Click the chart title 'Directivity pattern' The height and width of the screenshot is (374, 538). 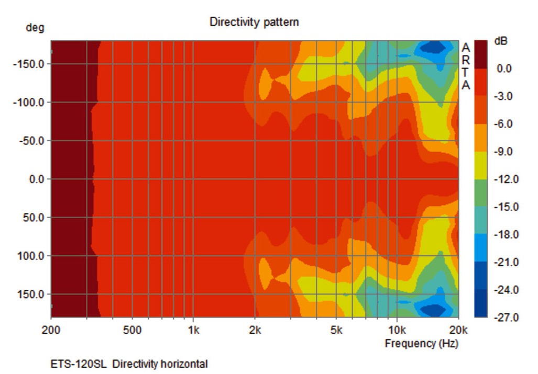click(254, 22)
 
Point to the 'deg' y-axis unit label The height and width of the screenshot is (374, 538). click(35, 28)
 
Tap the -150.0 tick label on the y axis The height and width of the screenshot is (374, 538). click(29, 64)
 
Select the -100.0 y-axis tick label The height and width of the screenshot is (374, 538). click(29, 102)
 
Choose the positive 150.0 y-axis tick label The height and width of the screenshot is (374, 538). click(31, 294)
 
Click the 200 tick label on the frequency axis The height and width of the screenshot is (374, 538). click(51, 330)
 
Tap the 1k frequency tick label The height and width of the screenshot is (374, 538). click(193, 330)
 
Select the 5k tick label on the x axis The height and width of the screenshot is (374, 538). click(336, 330)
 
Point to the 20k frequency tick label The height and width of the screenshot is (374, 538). click(458, 330)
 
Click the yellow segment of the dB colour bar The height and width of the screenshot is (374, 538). click(480, 165)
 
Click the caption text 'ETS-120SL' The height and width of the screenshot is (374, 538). click(79, 364)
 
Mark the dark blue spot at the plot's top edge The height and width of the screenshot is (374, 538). click(433, 48)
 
